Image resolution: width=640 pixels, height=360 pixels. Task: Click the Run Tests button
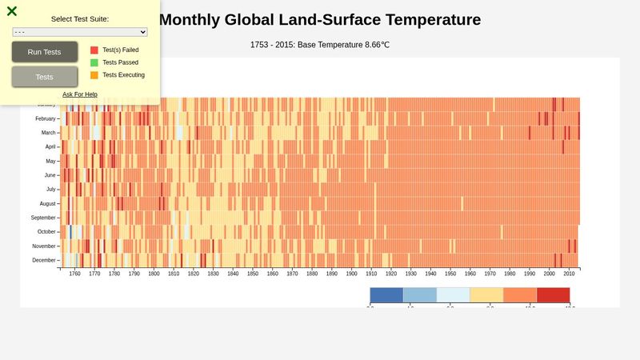(45, 52)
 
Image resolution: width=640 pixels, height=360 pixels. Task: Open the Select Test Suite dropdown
(80, 32)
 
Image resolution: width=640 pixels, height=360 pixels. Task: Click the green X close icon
(12, 11)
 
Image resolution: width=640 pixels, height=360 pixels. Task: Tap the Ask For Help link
(80, 94)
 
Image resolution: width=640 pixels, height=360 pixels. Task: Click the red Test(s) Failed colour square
(94, 50)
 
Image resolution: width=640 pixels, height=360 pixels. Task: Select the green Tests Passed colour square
(94, 62)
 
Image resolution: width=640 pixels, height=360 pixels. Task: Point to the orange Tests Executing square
(94, 75)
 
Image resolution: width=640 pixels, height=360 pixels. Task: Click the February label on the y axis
(46, 118)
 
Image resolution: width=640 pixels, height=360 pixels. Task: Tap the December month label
(44, 261)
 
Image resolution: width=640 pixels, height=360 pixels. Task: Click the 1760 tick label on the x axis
(75, 274)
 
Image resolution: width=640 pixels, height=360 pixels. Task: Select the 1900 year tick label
(351, 274)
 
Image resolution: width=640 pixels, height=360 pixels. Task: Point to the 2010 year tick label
(569, 274)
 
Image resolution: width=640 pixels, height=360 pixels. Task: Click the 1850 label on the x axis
(253, 274)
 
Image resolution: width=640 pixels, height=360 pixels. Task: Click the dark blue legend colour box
(386, 294)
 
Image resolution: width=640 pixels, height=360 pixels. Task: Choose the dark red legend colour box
(553, 294)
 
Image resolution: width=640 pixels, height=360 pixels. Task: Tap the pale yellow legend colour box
(486, 294)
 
